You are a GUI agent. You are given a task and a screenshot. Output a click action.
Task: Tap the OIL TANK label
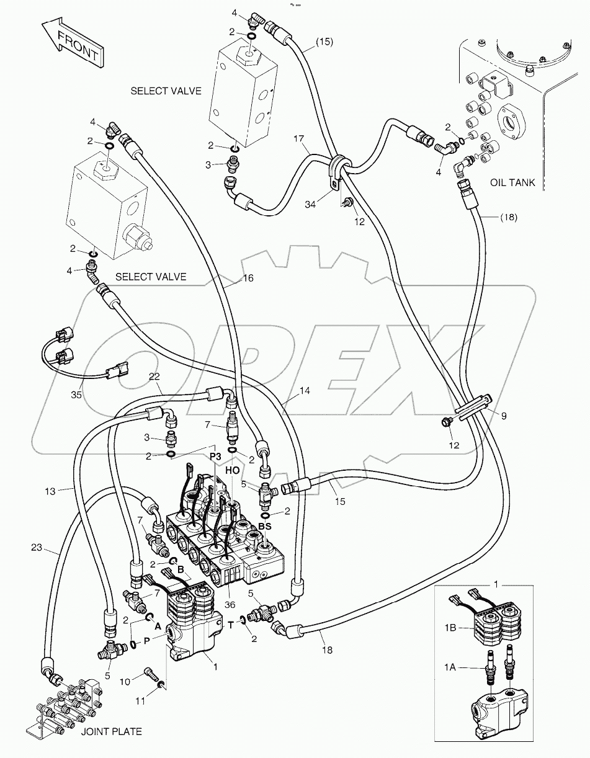tap(512, 182)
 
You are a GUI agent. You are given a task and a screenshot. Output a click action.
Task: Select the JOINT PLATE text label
tap(111, 731)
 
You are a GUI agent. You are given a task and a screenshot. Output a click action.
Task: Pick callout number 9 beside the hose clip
tap(504, 416)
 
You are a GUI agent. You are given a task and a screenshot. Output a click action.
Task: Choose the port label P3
tap(215, 456)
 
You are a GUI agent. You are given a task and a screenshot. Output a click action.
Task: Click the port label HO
tap(232, 471)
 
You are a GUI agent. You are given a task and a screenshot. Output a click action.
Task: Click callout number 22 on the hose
tap(154, 377)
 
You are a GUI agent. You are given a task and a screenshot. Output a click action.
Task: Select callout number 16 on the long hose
tap(247, 279)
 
